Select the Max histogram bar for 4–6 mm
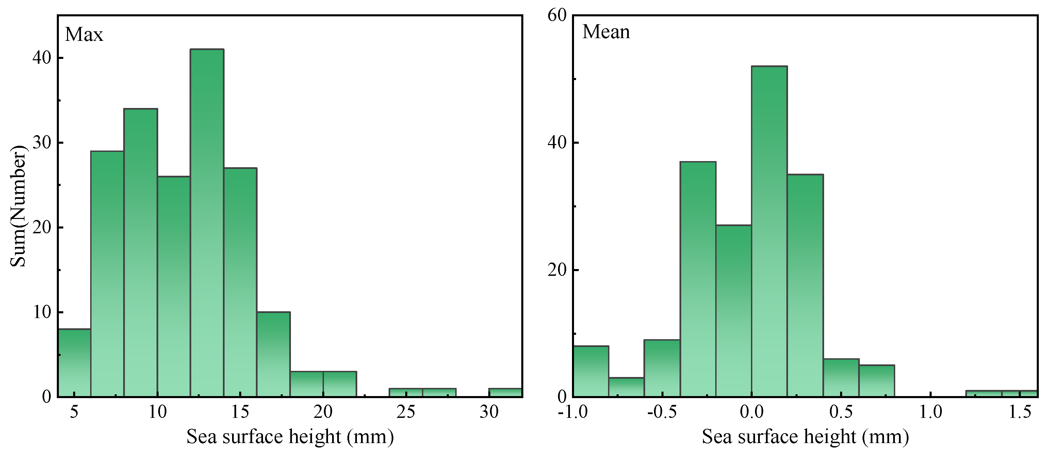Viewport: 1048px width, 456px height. [x=75, y=363]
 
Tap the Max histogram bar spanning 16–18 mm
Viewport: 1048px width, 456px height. [x=273, y=354]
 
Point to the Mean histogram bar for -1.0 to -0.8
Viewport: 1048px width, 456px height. [x=591, y=371]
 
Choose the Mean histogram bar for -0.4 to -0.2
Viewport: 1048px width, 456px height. [x=698, y=279]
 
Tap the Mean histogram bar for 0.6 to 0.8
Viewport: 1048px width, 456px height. [x=877, y=381]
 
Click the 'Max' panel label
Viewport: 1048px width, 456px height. [x=84, y=35]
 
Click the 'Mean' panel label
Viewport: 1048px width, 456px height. [x=606, y=32]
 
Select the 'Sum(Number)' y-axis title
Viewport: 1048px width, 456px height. [x=18, y=206]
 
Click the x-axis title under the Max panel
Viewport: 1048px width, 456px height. [x=290, y=437]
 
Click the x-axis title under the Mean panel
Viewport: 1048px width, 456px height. [x=805, y=437]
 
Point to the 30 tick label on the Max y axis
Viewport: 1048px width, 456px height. [x=42, y=143]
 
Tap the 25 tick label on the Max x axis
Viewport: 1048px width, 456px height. [x=406, y=412]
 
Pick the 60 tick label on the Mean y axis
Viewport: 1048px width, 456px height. [x=557, y=15]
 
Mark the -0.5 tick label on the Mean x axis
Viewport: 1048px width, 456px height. [x=662, y=412]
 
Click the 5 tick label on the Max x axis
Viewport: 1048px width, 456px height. [x=74, y=412]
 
